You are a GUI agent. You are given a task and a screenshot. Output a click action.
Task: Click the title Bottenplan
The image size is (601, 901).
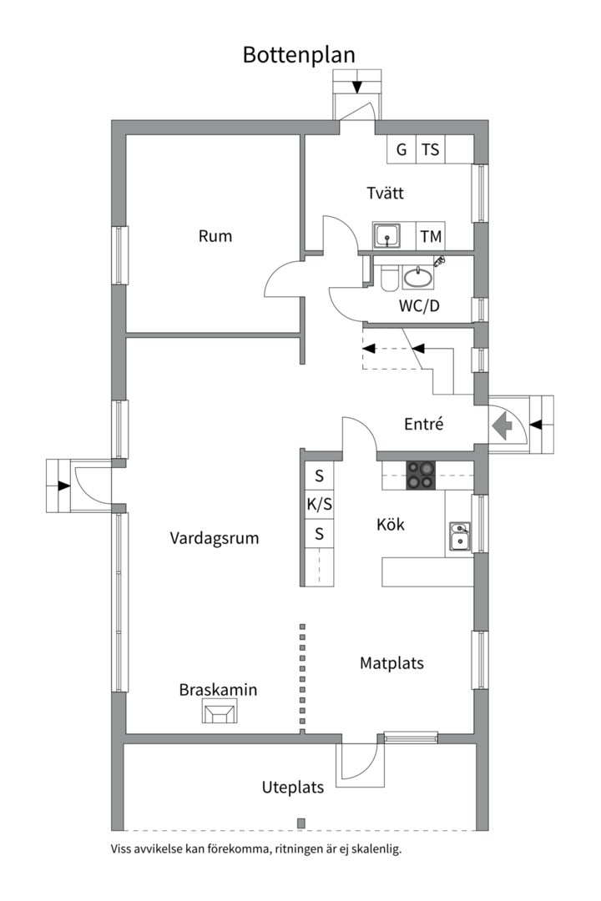pos(299,54)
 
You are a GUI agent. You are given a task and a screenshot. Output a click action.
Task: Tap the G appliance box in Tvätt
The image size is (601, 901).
pos(402,150)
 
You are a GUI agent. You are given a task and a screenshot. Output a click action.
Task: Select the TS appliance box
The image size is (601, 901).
pos(430,150)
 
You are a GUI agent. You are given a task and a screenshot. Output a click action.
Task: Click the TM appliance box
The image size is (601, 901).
pos(431,237)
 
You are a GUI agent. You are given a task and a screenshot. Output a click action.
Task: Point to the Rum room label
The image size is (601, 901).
pos(215,236)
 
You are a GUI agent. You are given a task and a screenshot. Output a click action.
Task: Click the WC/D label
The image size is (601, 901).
pos(419,306)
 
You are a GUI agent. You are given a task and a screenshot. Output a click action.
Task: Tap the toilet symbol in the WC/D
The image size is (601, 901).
pos(388,277)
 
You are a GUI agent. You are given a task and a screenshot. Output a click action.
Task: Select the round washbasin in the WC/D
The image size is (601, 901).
pos(417,276)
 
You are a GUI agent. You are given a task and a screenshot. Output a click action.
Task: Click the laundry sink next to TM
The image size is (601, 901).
pos(386,236)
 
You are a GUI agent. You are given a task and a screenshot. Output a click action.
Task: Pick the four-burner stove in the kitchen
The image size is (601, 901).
pos(421,476)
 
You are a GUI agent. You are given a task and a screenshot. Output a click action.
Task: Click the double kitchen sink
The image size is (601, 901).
pos(459,537)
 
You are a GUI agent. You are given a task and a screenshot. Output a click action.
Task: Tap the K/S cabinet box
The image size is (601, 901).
pos(319,505)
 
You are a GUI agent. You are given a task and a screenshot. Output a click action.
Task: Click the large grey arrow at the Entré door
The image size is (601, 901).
pos(503,426)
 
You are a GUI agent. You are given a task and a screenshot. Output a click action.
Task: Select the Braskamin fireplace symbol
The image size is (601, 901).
pos(220,712)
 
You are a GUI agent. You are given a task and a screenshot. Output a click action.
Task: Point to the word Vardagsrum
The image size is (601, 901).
pos(215,538)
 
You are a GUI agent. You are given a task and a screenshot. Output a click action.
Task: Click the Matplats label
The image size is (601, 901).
pos(391,664)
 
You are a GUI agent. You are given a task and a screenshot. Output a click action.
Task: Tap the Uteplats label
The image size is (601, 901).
pos(292,788)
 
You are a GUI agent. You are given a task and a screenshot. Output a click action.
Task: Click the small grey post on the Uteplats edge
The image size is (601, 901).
pos(300,823)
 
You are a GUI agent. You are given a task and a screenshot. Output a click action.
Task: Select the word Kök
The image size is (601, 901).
pos(390,525)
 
